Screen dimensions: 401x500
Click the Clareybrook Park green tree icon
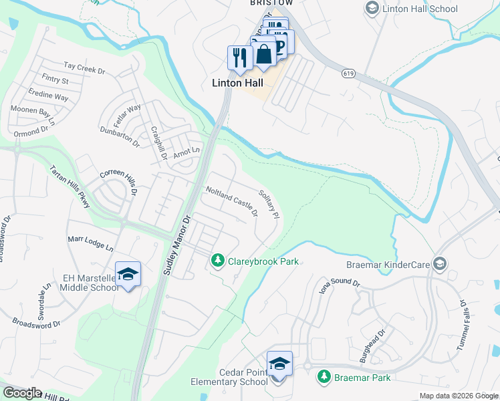[x=217, y=260]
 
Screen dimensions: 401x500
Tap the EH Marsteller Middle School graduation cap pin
[x=128, y=275]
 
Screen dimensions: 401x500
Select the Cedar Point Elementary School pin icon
[x=280, y=365]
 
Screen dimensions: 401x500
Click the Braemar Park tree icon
[x=324, y=377]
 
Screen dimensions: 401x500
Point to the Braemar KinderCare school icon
[x=439, y=263]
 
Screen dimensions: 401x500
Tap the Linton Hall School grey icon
[x=372, y=8]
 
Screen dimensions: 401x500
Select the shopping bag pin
[x=265, y=53]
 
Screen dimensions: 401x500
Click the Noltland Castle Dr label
[x=231, y=202]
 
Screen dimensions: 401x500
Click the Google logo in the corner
[x=21, y=393]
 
